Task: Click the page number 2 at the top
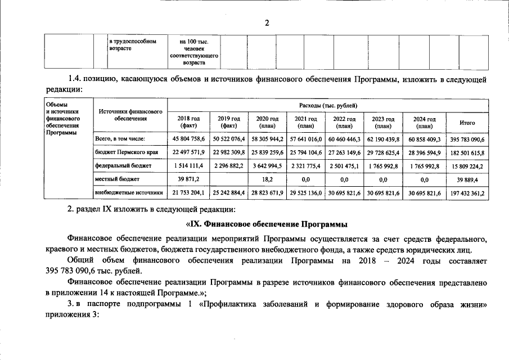pos(268,22)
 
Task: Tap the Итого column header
pos(467,122)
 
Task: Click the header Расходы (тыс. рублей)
pos(328,105)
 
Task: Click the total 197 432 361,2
pos(467,193)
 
